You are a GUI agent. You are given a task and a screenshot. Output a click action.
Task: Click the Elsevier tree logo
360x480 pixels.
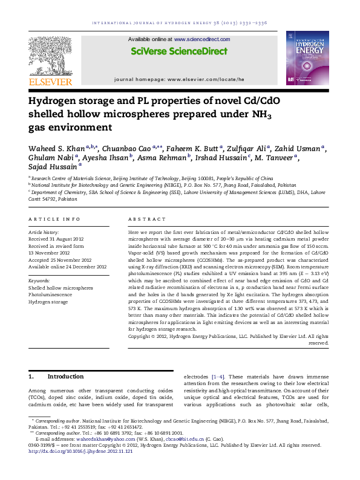pyautogui.click(x=51, y=56)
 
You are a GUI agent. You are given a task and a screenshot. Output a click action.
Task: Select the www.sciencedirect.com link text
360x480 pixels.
pyautogui.click(x=200, y=39)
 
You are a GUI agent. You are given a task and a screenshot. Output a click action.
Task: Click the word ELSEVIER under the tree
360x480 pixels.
pyautogui.click(x=51, y=82)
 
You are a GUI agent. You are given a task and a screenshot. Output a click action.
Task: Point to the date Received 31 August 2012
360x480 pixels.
pyautogui.click(x=56, y=239)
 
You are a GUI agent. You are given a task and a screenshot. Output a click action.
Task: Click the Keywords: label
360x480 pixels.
pyautogui.click(x=39, y=281)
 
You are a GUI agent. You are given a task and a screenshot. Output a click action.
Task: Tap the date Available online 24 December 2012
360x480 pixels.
pyautogui.click(x=67, y=267)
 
